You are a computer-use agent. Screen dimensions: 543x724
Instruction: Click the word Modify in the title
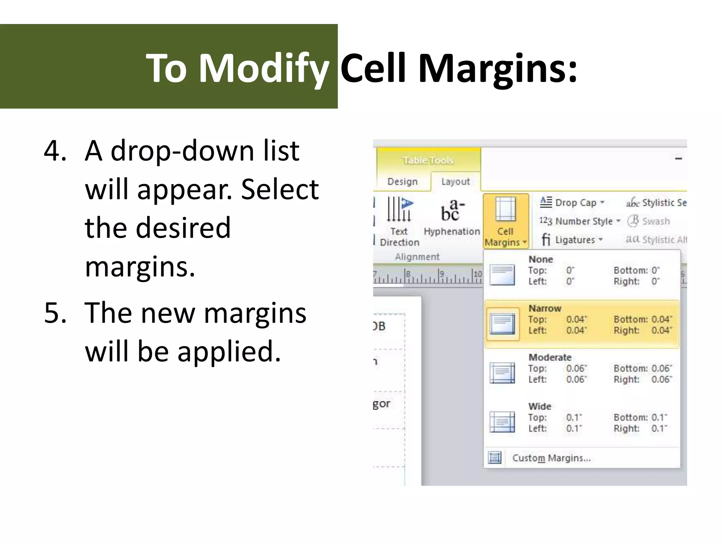point(263,68)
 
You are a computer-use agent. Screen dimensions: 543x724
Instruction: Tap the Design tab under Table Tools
point(402,181)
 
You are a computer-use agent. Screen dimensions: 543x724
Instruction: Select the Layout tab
point(455,181)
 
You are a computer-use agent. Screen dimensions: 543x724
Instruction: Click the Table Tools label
point(428,160)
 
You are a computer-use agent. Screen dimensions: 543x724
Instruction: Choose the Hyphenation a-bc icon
point(451,210)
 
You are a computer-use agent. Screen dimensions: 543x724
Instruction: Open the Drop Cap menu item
point(575,203)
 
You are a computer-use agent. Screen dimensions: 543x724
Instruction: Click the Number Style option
point(583,221)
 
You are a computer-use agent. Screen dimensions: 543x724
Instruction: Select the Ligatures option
point(574,240)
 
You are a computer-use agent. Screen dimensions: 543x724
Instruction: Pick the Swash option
point(655,221)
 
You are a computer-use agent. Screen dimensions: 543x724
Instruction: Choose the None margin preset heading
point(541,259)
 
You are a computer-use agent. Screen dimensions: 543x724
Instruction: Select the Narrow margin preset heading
point(545,308)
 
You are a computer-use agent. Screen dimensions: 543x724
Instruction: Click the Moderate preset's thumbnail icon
point(502,373)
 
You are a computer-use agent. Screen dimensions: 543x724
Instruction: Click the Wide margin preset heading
point(540,406)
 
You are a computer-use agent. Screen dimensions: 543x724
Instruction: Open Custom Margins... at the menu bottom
point(551,458)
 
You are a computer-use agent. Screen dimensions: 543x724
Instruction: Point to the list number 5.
point(55,313)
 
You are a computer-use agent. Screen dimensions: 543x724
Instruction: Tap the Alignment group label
point(417,257)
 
